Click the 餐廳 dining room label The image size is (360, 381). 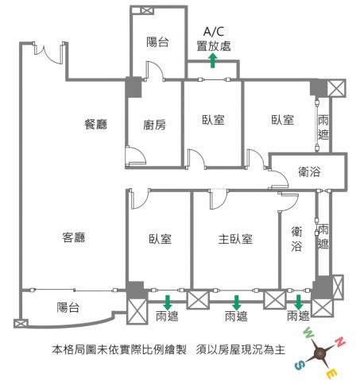[x=96, y=124]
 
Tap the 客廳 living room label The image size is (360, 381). [x=74, y=237]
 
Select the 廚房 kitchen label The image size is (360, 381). [x=155, y=125]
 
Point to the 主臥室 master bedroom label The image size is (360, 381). [x=235, y=239]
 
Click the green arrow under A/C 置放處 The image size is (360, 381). [x=213, y=60]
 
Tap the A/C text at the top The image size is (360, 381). [x=214, y=32]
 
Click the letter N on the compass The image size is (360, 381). [x=340, y=342]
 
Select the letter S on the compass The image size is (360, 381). [x=300, y=366]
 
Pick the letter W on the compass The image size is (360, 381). [x=309, y=333]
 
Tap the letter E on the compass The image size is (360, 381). [x=332, y=375]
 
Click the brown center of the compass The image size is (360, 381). [x=320, y=353]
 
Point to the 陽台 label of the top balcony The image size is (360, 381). [x=157, y=42]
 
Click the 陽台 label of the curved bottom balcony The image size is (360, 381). [x=68, y=307]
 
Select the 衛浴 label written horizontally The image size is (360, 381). [x=309, y=171]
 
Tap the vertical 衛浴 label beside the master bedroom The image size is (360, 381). [x=296, y=239]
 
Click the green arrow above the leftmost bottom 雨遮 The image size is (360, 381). [x=168, y=302]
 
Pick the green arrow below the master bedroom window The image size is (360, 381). [x=236, y=302]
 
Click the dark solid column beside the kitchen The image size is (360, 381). [x=134, y=87]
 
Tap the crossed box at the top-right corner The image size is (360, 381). [x=336, y=88]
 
